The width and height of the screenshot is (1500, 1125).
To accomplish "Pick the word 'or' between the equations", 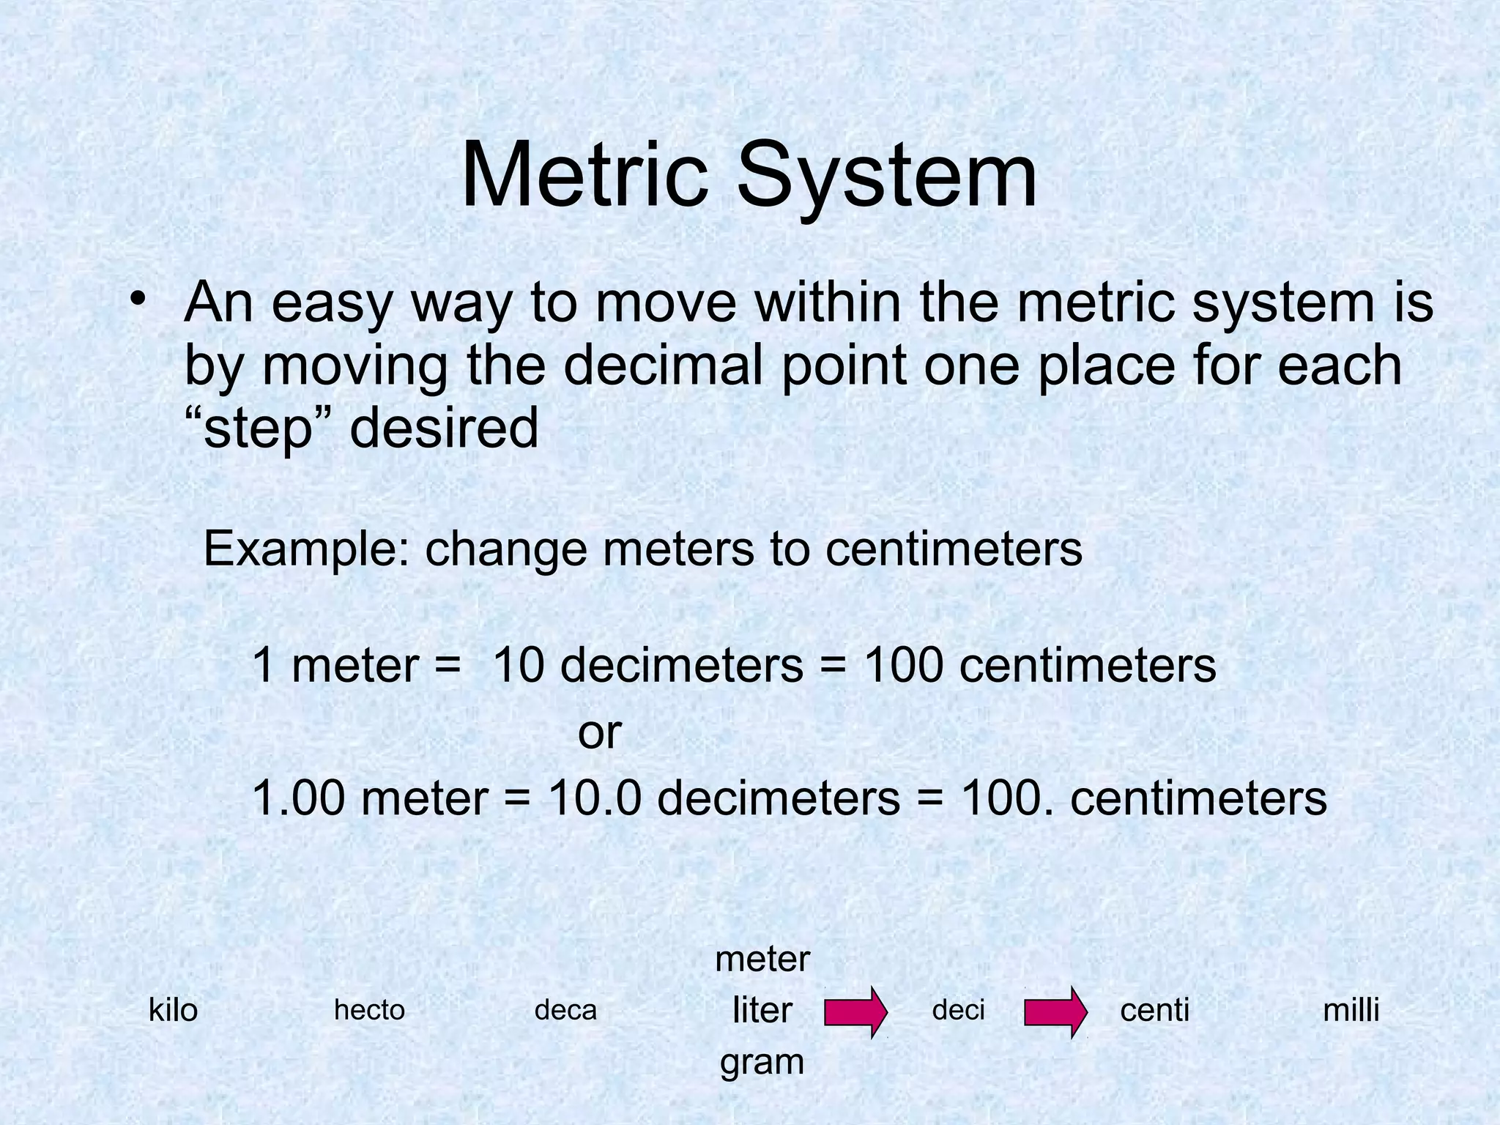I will click(x=600, y=732).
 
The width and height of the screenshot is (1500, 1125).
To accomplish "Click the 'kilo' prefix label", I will click(x=173, y=1011).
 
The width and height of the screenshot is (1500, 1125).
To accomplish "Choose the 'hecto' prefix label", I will click(x=369, y=1011).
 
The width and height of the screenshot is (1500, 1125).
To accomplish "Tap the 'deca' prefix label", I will click(x=565, y=1011).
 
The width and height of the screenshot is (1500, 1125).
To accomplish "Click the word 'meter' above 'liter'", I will click(x=762, y=959).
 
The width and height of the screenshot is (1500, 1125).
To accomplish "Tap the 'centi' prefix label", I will click(x=1155, y=1011).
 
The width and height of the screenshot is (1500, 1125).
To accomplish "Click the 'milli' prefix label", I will click(x=1351, y=1011).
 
